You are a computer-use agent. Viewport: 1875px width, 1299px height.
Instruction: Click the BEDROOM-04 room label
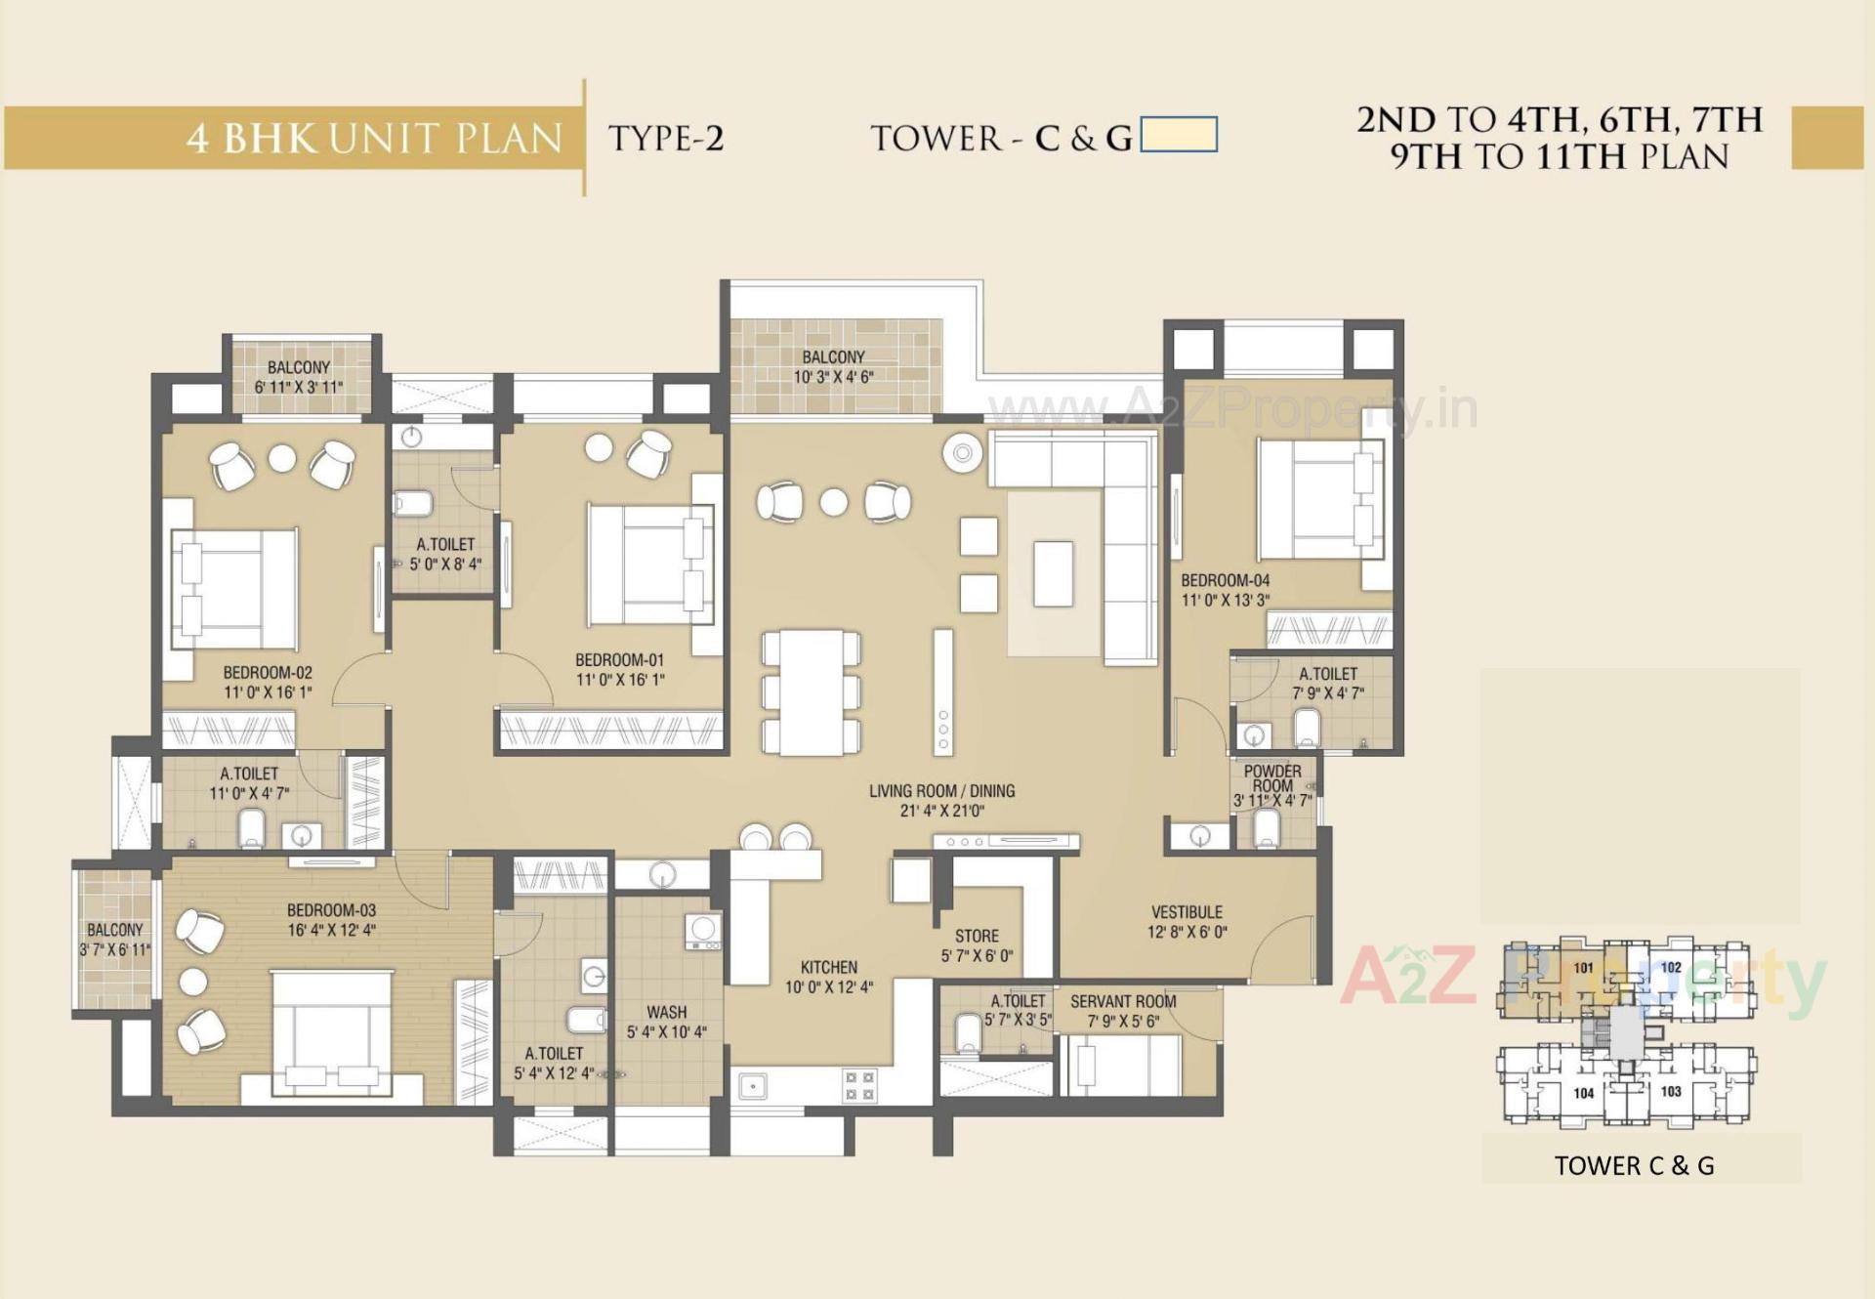point(1225,580)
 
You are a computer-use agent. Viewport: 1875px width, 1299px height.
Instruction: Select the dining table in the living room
point(812,691)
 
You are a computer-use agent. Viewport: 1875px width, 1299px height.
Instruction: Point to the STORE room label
point(977,936)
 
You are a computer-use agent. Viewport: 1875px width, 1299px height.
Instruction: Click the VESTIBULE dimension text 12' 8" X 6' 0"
point(1187,933)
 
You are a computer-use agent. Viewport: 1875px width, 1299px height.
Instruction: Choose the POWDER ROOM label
point(1271,778)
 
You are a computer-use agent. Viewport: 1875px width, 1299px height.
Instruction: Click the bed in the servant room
point(1123,1065)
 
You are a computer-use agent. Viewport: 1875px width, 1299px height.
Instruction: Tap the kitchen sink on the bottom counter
point(752,1086)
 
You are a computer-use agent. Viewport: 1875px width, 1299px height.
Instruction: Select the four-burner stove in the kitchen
point(859,1086)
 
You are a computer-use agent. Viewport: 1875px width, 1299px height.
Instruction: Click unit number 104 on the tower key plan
point(1583,1093)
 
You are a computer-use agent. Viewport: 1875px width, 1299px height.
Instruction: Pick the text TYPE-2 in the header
point(666,139)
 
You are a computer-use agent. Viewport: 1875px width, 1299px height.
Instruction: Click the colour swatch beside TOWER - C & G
point(1179,135)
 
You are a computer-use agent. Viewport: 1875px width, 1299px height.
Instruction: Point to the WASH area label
point(666,1013)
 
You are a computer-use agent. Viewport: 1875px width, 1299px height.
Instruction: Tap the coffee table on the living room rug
point(1053,574)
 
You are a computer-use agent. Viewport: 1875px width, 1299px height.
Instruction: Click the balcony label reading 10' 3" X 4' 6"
point(833,377)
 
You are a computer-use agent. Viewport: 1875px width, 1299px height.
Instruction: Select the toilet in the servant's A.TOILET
point(967,1033)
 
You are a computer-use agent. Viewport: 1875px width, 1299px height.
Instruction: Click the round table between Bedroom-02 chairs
point(282,458)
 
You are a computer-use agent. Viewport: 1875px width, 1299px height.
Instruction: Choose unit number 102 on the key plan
point(1671,968)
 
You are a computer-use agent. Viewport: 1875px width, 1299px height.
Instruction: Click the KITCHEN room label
point(828,967)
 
